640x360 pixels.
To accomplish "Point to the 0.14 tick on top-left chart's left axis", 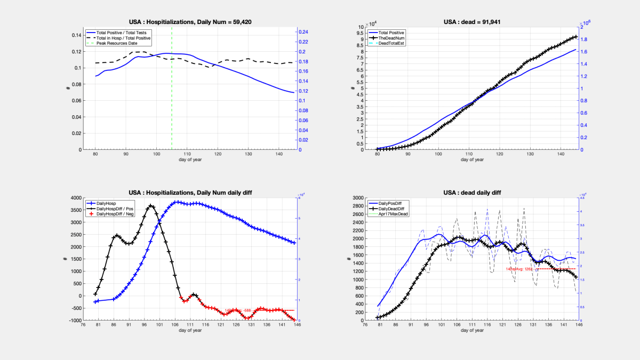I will coord(76,35).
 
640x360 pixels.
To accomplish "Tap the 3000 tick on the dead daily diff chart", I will coord(357,198).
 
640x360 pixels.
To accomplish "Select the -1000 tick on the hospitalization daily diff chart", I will coord(75,321).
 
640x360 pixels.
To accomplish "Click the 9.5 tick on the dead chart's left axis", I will coord(361,33).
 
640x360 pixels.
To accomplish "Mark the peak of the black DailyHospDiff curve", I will coord(151,205).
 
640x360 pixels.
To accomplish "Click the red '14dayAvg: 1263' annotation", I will coord(519,269).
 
